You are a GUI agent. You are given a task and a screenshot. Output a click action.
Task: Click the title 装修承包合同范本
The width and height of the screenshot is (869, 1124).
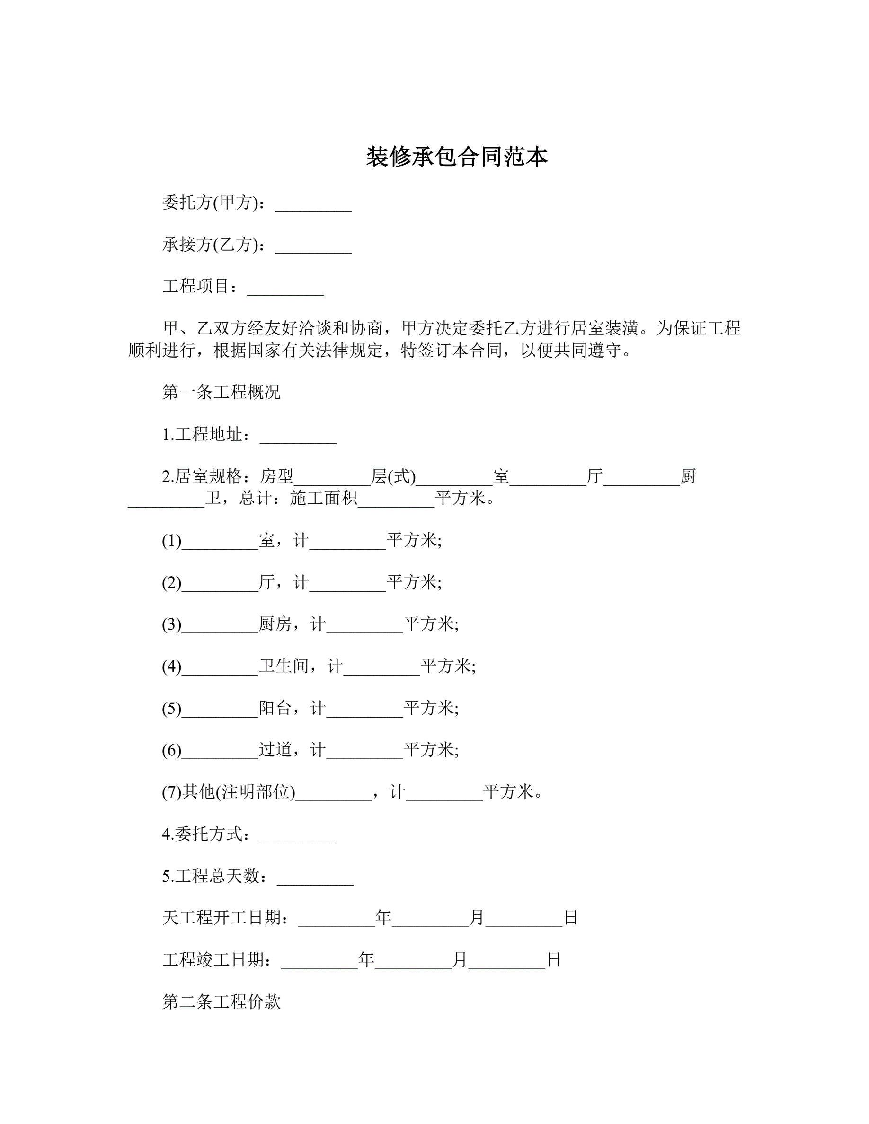point(457,157)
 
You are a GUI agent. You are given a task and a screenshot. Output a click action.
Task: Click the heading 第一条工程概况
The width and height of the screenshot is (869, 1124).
point(222,392)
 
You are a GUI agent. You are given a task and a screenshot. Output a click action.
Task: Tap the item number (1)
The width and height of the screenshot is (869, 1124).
point(171,540)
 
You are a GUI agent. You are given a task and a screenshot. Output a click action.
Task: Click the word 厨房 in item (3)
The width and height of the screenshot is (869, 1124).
point(275,624)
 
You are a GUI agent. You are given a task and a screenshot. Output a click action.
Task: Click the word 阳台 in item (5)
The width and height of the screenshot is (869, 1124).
point(275,708)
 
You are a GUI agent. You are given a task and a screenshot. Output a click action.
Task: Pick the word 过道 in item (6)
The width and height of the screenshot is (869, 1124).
point(275,750)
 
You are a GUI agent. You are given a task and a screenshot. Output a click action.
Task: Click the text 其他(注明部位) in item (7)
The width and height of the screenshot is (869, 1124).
point(239,791)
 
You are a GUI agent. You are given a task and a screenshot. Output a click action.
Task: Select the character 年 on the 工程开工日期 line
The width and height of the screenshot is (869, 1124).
point(383,918)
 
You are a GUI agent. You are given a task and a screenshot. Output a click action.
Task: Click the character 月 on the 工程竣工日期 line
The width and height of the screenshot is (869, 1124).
point(460,959)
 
